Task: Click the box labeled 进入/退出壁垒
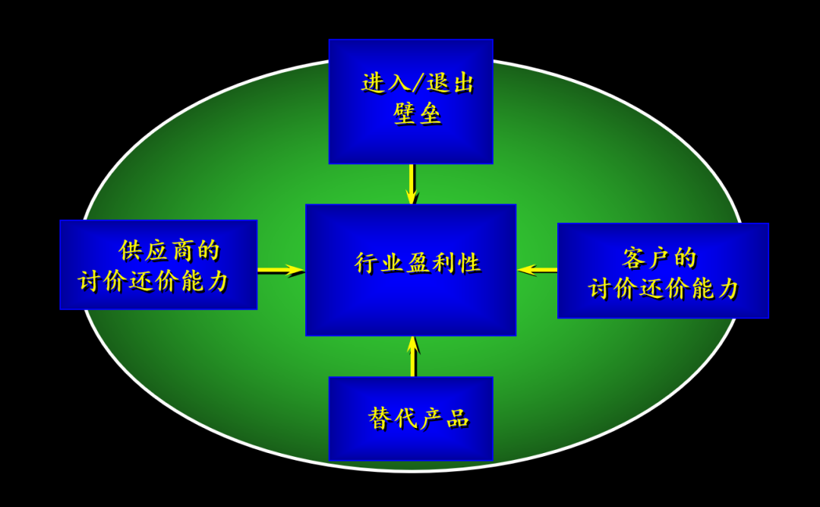[x=411, y=101]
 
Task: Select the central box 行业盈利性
[x=411, y=270]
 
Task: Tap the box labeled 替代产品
[x=411, y=418]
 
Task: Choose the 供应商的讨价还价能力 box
[x=158, y=265]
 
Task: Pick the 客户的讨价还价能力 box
[x=663, y=271]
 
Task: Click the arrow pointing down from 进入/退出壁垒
[x=412, y=184]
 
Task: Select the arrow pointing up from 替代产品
[x=412, y=356]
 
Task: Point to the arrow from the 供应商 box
[x=281, y=270]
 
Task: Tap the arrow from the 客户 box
[x=537, y=270]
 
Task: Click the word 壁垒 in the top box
[x=418, y=114]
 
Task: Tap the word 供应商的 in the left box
[x=169, y=250]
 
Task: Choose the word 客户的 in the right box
[x=659, y=258]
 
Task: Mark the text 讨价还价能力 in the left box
[x=153, y=281]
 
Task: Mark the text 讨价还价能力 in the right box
[x=664, y=288]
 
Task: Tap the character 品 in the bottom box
[x=458, y=418]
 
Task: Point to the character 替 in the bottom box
[x=380, y=418]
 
